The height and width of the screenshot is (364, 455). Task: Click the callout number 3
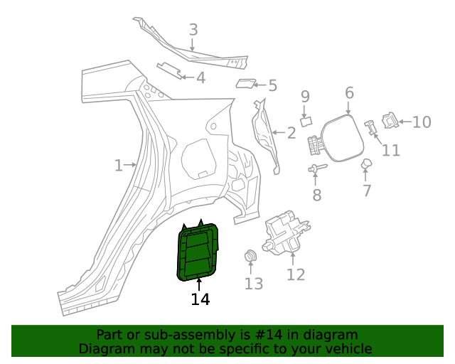(x=193, y=30)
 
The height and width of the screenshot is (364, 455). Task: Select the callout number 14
(x=200, y=300)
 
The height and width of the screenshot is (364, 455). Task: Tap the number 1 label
(x=119, y=166)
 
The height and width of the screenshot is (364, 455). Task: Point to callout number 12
(x=296, y=275)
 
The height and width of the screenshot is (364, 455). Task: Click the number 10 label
(x=422, y=122)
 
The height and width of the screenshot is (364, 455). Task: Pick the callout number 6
(x=349, y=93)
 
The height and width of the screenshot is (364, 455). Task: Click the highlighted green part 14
(x=197, y=253)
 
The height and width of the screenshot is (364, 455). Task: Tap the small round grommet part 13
(x=250, y=257)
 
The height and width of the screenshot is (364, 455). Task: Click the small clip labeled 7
(x=367, y=166)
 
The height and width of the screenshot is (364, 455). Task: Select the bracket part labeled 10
(x=390, y=120)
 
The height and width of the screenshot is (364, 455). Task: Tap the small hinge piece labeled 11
(x=370, y=127)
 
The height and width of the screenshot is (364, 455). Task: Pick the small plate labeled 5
(x=245, y=84)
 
